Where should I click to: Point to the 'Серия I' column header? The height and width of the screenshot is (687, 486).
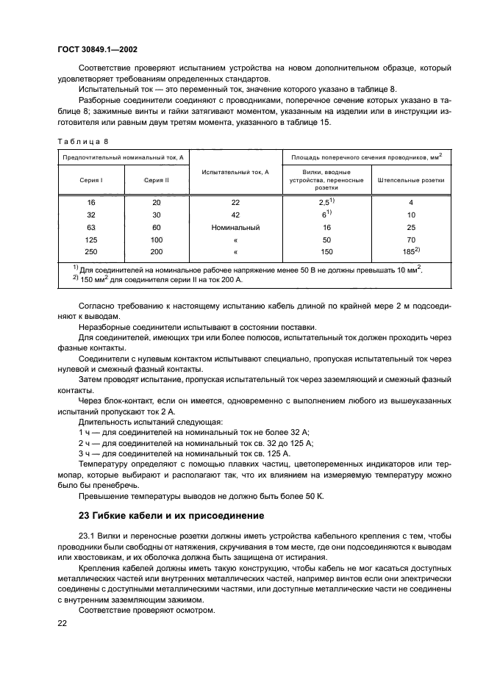[91, 179]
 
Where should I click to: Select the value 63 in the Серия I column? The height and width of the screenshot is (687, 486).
[91, 228]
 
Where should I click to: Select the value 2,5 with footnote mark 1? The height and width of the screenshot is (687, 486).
[326, 201]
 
